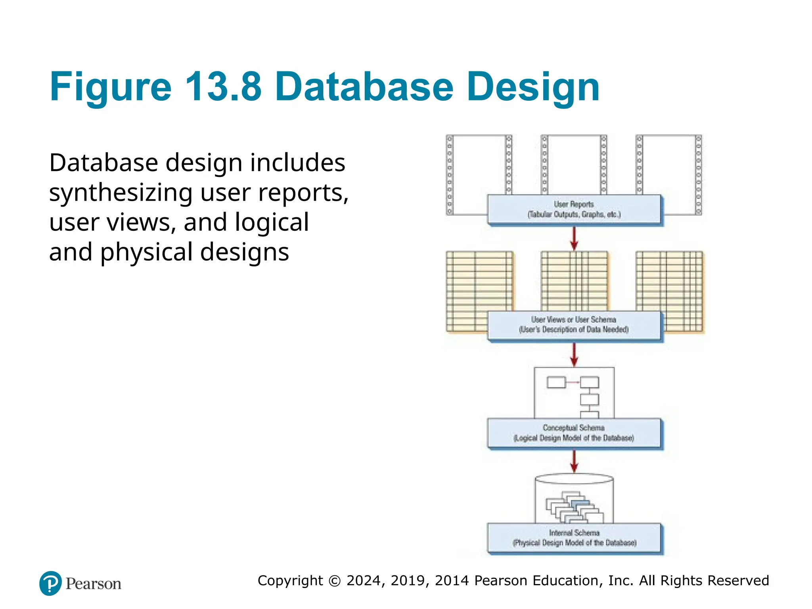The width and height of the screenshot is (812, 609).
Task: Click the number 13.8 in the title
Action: tap(223, 86)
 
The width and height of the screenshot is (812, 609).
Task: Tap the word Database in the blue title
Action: tap(364, 86)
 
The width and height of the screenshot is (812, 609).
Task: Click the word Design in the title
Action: tap(533, 86)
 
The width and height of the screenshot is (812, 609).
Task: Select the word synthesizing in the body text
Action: tap(121, 193)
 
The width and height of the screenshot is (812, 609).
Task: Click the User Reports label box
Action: tap(574, 209)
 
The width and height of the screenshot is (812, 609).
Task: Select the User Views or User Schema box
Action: tap(574, 325)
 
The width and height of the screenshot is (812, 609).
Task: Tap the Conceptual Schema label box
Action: tap(574, 433)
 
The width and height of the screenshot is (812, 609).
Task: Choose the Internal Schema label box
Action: tap(574, 538)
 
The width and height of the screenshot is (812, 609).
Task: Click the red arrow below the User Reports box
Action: tap(574, 238)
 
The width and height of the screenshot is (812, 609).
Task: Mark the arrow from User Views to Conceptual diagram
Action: tap(574, 354)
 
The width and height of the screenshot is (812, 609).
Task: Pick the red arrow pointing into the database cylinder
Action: tap(574, 461)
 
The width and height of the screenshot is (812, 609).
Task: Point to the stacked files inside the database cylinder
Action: tap(574, 507)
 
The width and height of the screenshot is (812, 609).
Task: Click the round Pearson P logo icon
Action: tap(50, 583)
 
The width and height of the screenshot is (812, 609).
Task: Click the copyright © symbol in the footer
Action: tap(335, 581)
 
